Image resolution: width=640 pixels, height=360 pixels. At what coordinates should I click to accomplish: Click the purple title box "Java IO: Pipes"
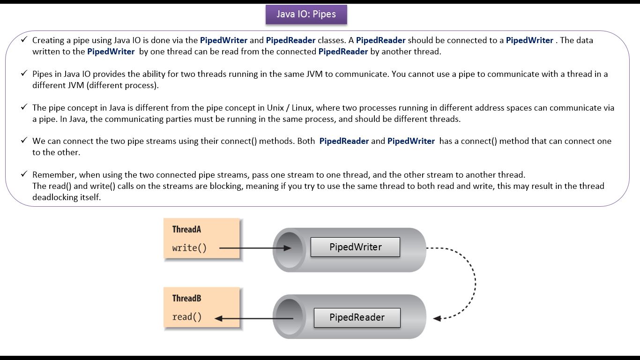(x=306, y=15)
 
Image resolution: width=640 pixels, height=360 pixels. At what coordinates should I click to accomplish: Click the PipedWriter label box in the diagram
(x=355, y=247)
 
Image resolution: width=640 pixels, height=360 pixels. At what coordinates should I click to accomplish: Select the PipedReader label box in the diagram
(x=357, y=317)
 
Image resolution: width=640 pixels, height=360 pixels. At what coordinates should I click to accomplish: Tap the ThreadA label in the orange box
(x=186, y=229)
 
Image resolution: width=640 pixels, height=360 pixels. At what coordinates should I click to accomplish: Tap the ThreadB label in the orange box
(x=186, y=298)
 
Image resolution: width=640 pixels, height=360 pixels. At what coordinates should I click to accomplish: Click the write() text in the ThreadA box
(x=189, y=247)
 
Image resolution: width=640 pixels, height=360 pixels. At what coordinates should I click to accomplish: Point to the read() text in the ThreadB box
(x=186, y=317)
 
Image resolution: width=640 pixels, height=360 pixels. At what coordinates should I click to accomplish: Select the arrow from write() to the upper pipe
(x=253, y=248)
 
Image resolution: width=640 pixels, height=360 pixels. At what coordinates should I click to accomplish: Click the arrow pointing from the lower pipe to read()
(x=253, y=318)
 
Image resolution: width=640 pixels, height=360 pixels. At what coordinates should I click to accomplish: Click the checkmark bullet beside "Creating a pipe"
(x=24, y=40)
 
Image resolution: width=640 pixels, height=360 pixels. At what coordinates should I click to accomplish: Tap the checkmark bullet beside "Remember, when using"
(x=24, y=174)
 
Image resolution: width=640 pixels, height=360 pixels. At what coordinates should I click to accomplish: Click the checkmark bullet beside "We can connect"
(x=24, y=141)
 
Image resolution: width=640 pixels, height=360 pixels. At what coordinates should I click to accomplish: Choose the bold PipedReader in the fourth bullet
(x=344, y=141)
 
